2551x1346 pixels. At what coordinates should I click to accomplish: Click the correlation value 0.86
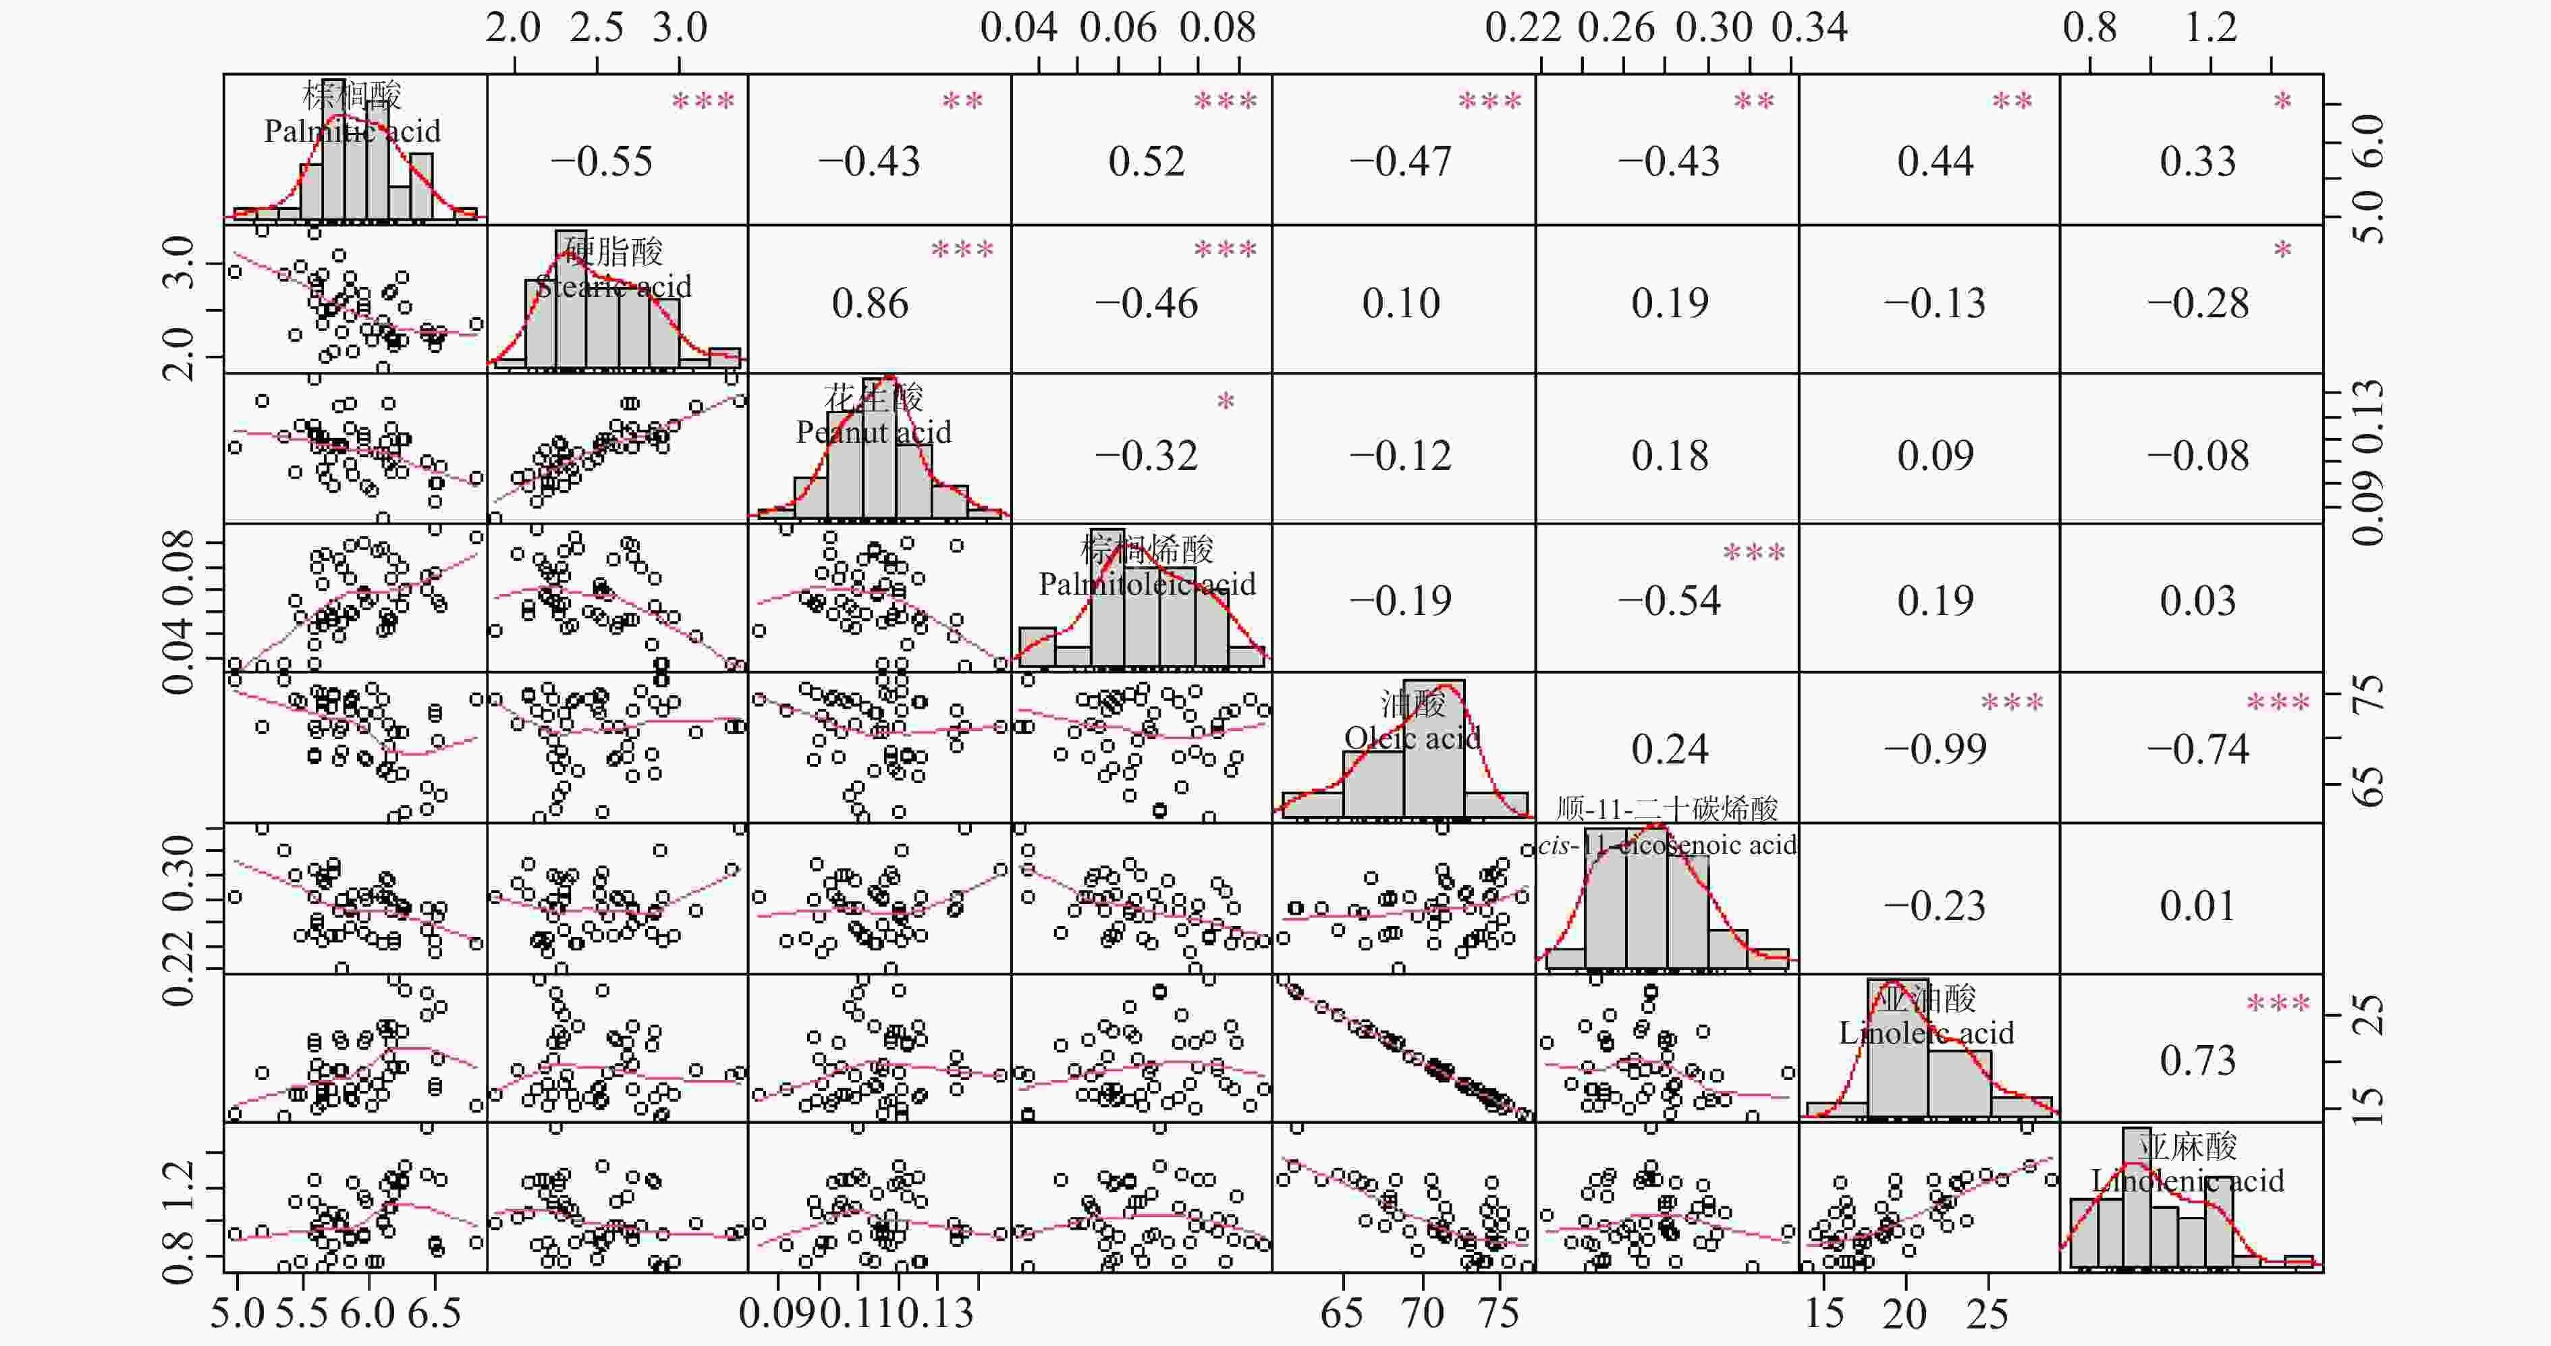[x=869, y=303]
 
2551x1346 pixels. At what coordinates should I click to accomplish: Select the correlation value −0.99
[x=1934, y=750]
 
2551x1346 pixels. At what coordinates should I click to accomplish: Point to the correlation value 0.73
[x=2197, y=1060]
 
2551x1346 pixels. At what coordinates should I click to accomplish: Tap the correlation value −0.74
[x=2197, y=750]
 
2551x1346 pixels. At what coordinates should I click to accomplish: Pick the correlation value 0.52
[x=1146, y=161]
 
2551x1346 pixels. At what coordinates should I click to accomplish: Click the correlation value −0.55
[x=601, y=161]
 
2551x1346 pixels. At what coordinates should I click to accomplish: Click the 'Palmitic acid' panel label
[x=352, y=131]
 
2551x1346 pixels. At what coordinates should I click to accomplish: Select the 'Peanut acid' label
[x=873, y=432]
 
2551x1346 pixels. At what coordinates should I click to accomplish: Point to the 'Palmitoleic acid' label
[x=1147, y=585]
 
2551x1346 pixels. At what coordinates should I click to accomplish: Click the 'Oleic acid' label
[x=1412, y=738]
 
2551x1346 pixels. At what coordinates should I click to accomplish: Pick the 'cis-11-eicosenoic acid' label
[x=1668, y=845]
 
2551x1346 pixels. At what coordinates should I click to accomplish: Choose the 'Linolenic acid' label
[x=2187, y=1181]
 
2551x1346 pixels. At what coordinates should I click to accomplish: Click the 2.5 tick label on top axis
[x=596, y=27]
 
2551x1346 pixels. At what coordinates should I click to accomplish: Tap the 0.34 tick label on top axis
[x=1809, y=27]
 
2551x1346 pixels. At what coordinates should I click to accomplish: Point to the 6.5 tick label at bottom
[x=435, y=1314]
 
